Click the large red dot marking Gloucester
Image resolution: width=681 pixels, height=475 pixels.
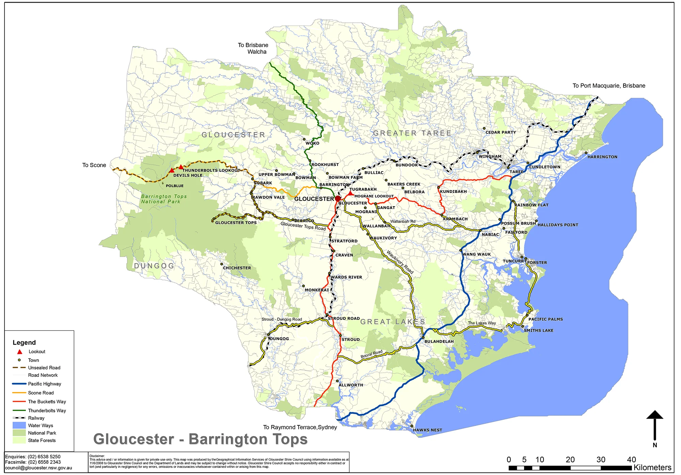click(x=338, y=198)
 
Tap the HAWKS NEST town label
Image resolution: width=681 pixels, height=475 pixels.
click(x=427, y=430)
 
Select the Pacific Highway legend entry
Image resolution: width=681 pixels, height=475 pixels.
click(x=44, y=384)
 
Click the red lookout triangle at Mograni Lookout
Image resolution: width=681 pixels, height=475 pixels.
click(x=350, y=193)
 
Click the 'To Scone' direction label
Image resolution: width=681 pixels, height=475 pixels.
click(x=94, y=165)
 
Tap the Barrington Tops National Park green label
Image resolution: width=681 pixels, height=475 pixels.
click(x=164, y=199)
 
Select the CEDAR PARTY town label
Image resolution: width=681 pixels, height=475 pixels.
click(x=501, y=132)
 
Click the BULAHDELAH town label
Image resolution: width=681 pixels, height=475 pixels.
click(x=439, y=341)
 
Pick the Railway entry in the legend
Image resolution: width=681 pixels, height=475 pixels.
click(x=36, y=418)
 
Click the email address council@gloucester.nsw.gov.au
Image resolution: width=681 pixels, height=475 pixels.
click(x=38, y=468)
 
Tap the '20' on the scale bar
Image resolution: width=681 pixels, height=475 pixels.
click(x=570, y=460)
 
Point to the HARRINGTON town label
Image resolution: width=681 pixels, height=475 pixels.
click(x=602, y=157)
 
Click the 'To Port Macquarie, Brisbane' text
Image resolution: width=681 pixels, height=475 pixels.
click(x=609, y=86)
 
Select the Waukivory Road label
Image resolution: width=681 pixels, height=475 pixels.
click(x=400, y=262)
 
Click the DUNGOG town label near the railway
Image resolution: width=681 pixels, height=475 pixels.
click(x=279, y=339)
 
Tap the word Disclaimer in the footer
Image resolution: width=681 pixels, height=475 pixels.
click(x=97, y=456)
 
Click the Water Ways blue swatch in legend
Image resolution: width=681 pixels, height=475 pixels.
click(x=19, y=425)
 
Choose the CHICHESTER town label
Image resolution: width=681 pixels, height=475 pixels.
click(x=237, y=268)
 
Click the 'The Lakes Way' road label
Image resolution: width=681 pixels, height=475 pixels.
click(x=481, y=323)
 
